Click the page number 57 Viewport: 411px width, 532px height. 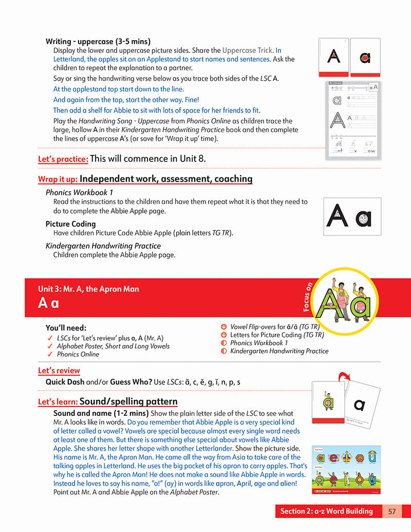[392, 511]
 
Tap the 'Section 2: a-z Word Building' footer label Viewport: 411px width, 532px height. [326, 511]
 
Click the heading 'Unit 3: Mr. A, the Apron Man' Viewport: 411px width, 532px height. [88, 289]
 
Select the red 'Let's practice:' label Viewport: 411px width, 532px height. [63, 159]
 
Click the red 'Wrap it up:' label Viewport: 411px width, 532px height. [58, 179]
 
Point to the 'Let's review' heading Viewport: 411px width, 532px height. [59, 371]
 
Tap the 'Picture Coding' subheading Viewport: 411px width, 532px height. [70, 224]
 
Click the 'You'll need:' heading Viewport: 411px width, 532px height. [66, 328]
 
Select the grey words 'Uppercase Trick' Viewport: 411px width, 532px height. [247, 50]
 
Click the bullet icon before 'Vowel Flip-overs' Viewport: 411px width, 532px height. [223, 326]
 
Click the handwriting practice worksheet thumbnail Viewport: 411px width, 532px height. [353, 119]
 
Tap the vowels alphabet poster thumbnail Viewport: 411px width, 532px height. [346, 470]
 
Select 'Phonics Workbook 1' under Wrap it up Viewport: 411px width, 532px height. [76, 193]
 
